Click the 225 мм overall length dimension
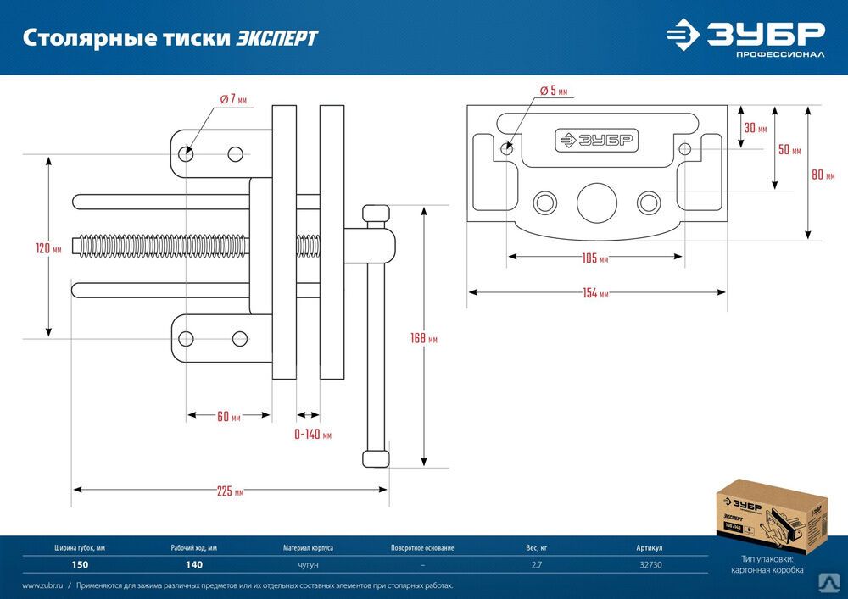click(229, 492)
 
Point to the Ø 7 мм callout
click(232, 99)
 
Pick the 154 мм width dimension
click(595, 294)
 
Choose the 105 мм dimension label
click(595, 258)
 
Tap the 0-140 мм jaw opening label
click(312, 435)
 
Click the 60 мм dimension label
click(228, 417)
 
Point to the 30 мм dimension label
click(755, 129)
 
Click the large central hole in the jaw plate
click(596, 202)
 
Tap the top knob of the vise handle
click(376, 214)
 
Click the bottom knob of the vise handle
click(376, 458)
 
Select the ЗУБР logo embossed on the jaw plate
click(596, 141)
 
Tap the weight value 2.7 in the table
click(538, 564)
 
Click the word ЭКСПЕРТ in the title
click(277, 38)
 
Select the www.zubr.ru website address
click(42, 585)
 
